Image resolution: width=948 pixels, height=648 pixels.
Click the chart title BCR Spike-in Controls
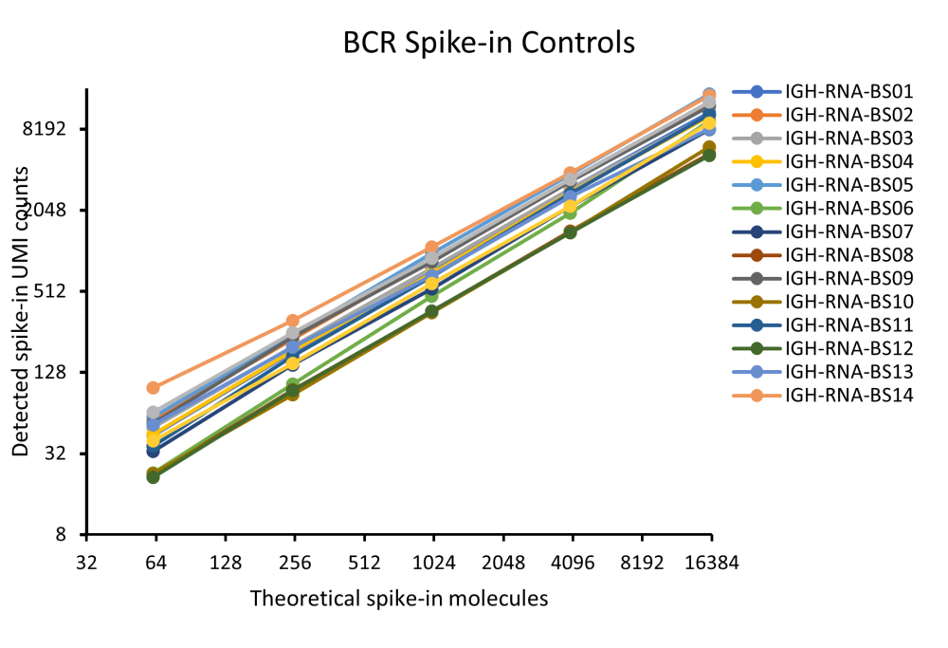click(x=488, y=43)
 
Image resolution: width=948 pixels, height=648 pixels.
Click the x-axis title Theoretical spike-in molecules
click(x=399, y=599)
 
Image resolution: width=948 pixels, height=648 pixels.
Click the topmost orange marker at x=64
click(x=153, y=388)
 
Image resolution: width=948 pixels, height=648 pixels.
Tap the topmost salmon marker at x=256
click(x=292, y=321)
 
